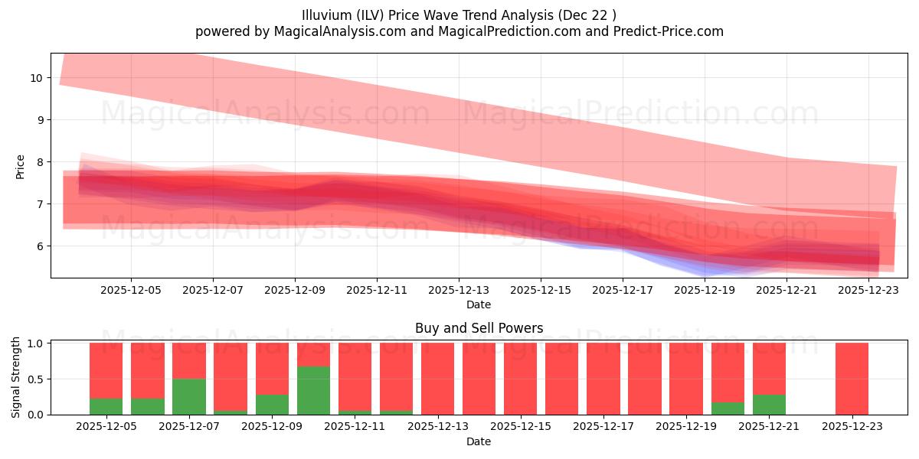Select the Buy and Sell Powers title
tap(479, 328)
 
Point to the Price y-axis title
tap(21, 166)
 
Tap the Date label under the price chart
tap(479, 304)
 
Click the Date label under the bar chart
tap(479, 441)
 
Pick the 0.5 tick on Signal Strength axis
tap(35, 379)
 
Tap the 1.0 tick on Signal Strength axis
tap(35, 343)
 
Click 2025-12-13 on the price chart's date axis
tap(458, 291)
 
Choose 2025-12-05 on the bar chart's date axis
tap(106, 427)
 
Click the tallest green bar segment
tap(313, 390)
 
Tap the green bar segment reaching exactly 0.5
tap(189, 396)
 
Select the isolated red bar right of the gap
tap(852, 379)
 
